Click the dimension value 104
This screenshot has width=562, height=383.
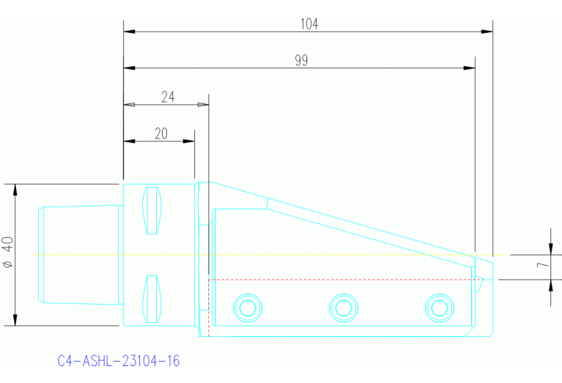[x=309, y=23]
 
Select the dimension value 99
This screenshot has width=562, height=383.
[x=301, y=61]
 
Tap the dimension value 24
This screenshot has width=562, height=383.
[x=168, y=97]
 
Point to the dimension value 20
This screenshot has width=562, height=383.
[x=161, y=133]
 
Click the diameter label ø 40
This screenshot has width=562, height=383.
[x=8, y=253]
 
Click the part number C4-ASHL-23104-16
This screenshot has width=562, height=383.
[x=119, y=361]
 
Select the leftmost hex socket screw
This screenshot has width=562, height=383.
[x=246, y=307]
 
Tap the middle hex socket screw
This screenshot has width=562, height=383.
[x=343, y=307]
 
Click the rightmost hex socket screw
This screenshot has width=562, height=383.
[x=440, y=307]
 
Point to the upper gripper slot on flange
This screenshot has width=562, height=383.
[x=152, y=212]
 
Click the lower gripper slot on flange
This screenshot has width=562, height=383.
[x=152, y=298]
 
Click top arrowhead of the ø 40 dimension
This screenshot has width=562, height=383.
[x=15, y=188]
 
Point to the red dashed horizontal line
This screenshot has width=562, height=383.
[x=337, y=280]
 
